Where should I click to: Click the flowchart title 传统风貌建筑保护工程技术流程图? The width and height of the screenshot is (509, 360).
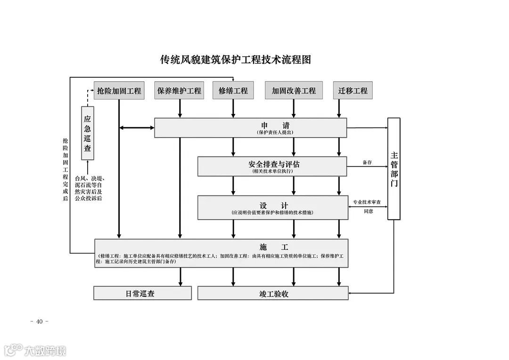click(x=236, y=60)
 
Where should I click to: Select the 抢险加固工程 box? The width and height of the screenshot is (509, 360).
click(x=119, y=90)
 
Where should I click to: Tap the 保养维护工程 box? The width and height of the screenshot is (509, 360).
click(x=179, y=90)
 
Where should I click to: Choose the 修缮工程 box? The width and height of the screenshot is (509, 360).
click(x=233, y=90)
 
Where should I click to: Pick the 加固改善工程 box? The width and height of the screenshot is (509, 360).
click(x=294, y=90)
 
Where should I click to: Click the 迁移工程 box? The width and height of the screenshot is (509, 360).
click(x=353, y=90)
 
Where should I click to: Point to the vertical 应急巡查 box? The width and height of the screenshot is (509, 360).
click(x=87, y=133)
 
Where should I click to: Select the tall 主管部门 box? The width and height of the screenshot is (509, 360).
click(x=394, y=168)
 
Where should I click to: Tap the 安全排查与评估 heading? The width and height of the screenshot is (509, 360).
click(x=273, y=164)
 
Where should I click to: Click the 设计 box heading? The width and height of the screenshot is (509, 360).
click(x=273, y=205)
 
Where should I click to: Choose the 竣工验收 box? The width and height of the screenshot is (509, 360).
click(x=273, y=294)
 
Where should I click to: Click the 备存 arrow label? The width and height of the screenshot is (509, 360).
click(x=367, y=162)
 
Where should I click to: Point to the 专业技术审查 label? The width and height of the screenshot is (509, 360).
click(x=368, y=202)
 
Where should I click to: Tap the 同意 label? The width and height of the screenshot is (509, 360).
click(x=368, y=211)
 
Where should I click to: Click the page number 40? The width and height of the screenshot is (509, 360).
click(x=39, y=321)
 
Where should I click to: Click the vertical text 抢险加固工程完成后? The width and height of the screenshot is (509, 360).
click(x=66, y=170)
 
